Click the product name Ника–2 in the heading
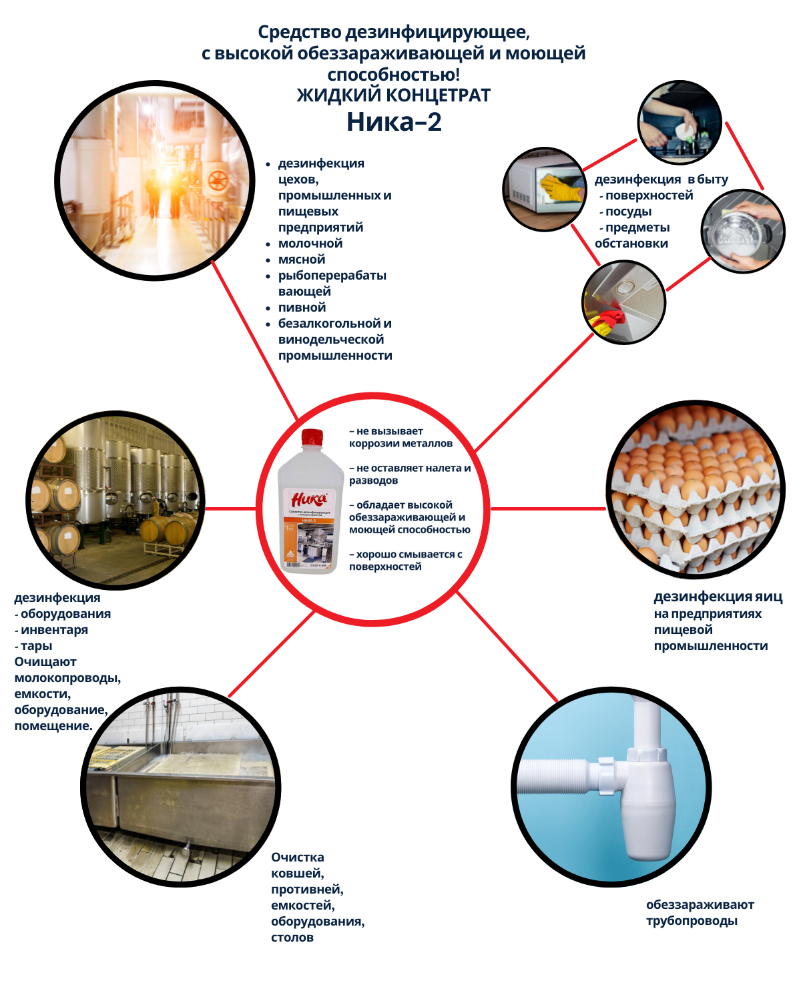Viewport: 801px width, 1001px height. click(394, 122)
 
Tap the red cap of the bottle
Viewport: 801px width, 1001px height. click(312, 438)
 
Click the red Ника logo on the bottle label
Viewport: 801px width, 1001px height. click(309, 499)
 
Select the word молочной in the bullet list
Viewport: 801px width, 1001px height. click(310, 244)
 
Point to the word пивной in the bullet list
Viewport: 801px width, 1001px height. click(302, 308)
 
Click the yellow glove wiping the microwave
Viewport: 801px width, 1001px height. click(562, 188)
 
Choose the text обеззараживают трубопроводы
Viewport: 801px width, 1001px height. click(700, 913)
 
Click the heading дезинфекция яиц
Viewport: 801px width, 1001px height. click(718, 597)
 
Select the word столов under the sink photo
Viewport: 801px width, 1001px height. click(292, 938)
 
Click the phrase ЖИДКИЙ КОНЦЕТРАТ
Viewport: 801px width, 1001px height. click(394, 95)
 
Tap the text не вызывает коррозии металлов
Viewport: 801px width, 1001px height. click(400, 437)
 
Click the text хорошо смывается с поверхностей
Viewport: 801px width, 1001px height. click(405, 561)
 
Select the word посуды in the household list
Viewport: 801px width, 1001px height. click(628, 212)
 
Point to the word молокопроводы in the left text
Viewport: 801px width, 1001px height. click(67, 678)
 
